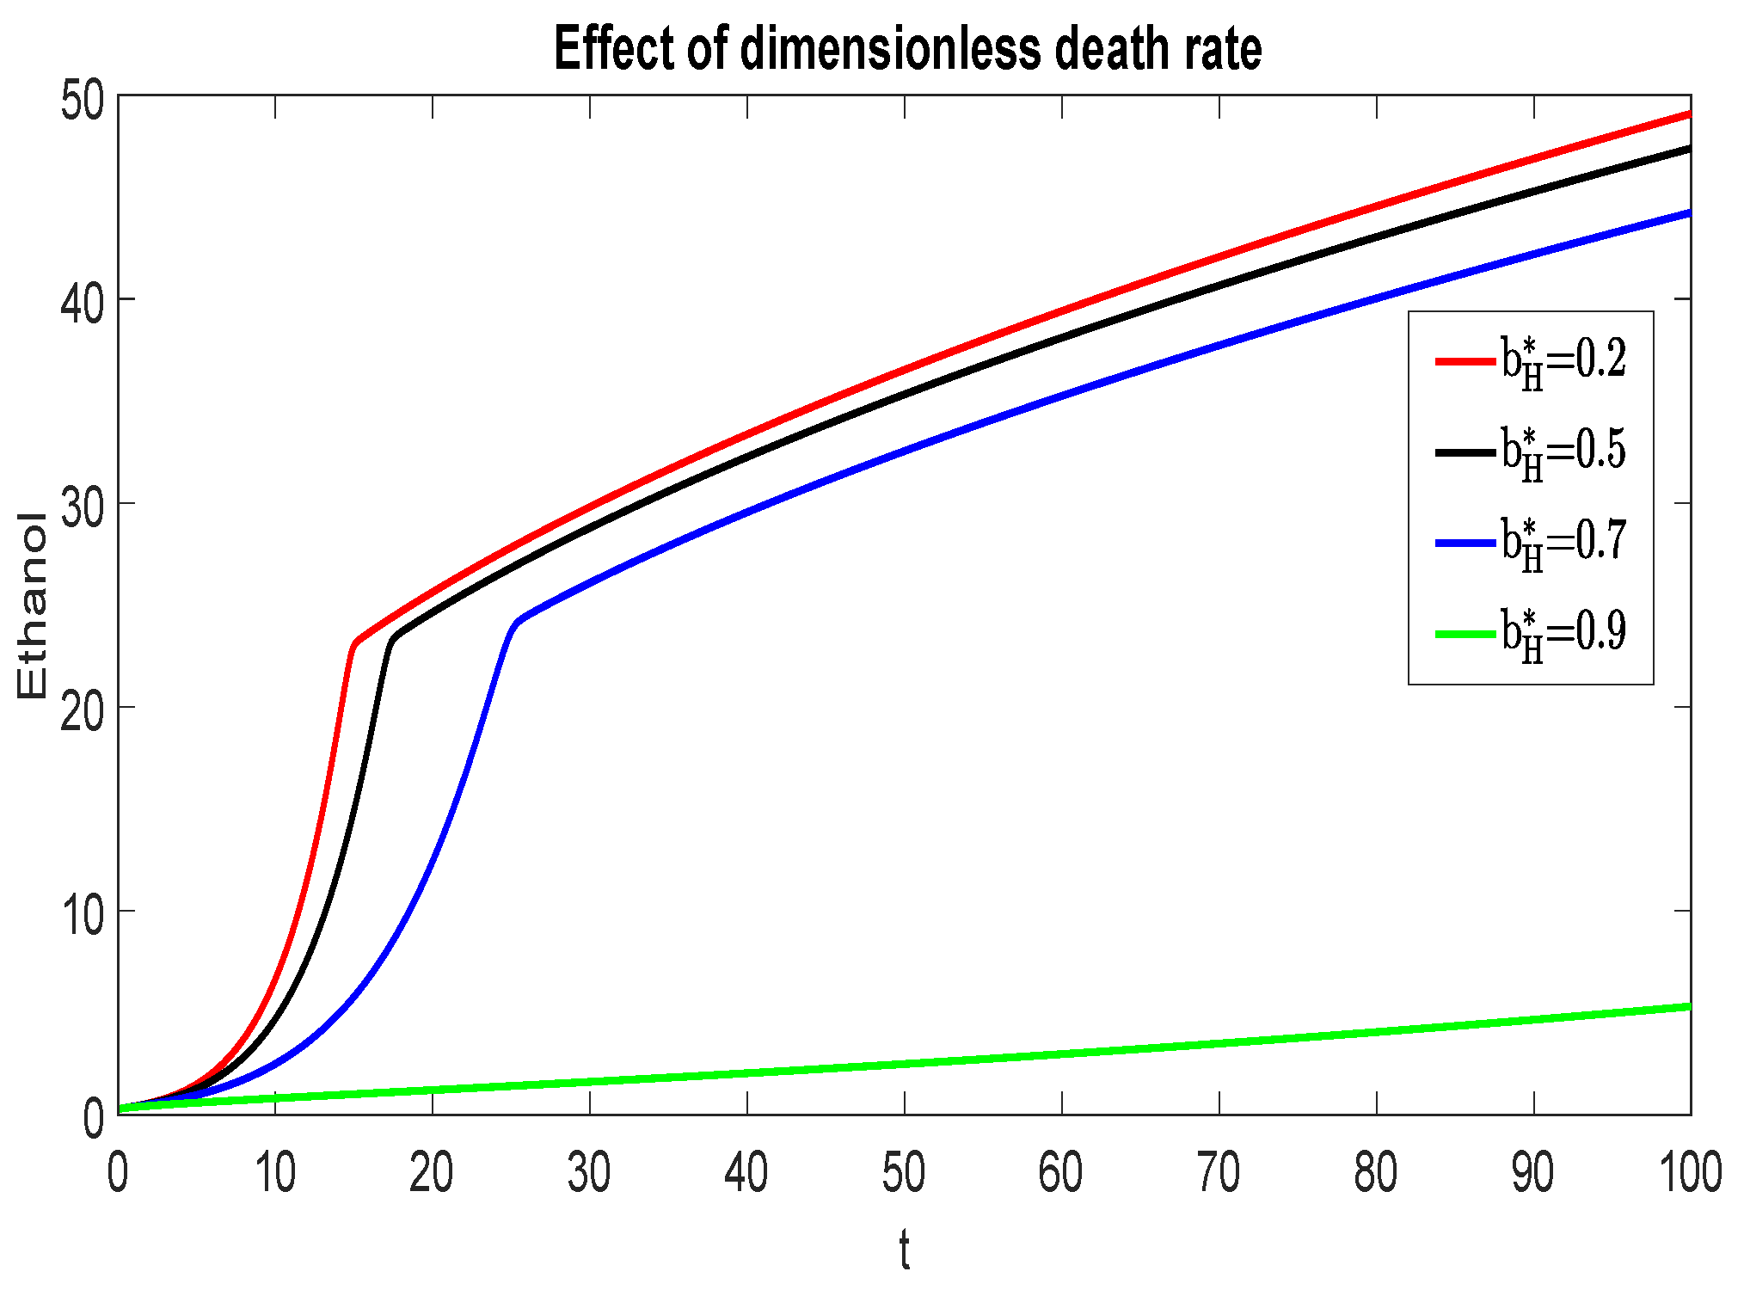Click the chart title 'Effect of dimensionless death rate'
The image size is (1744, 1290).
907,49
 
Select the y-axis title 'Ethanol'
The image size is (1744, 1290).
32,605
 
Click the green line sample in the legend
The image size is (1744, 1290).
1465,634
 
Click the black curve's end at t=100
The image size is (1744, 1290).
1687,150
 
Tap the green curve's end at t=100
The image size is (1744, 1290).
1687,1007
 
